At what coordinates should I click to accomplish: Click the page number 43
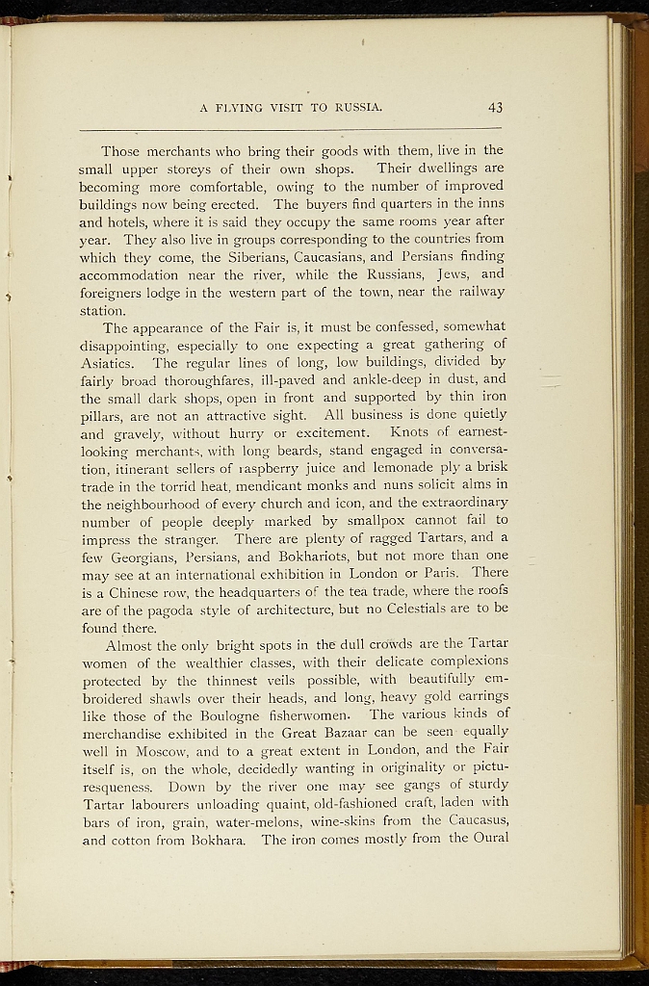pyautogui.click(x=495, y=107)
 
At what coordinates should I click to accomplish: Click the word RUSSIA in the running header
pyautogui.click(x=356, y=107)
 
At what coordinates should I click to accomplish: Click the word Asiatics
pyautogui.click(x=110, y=363)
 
